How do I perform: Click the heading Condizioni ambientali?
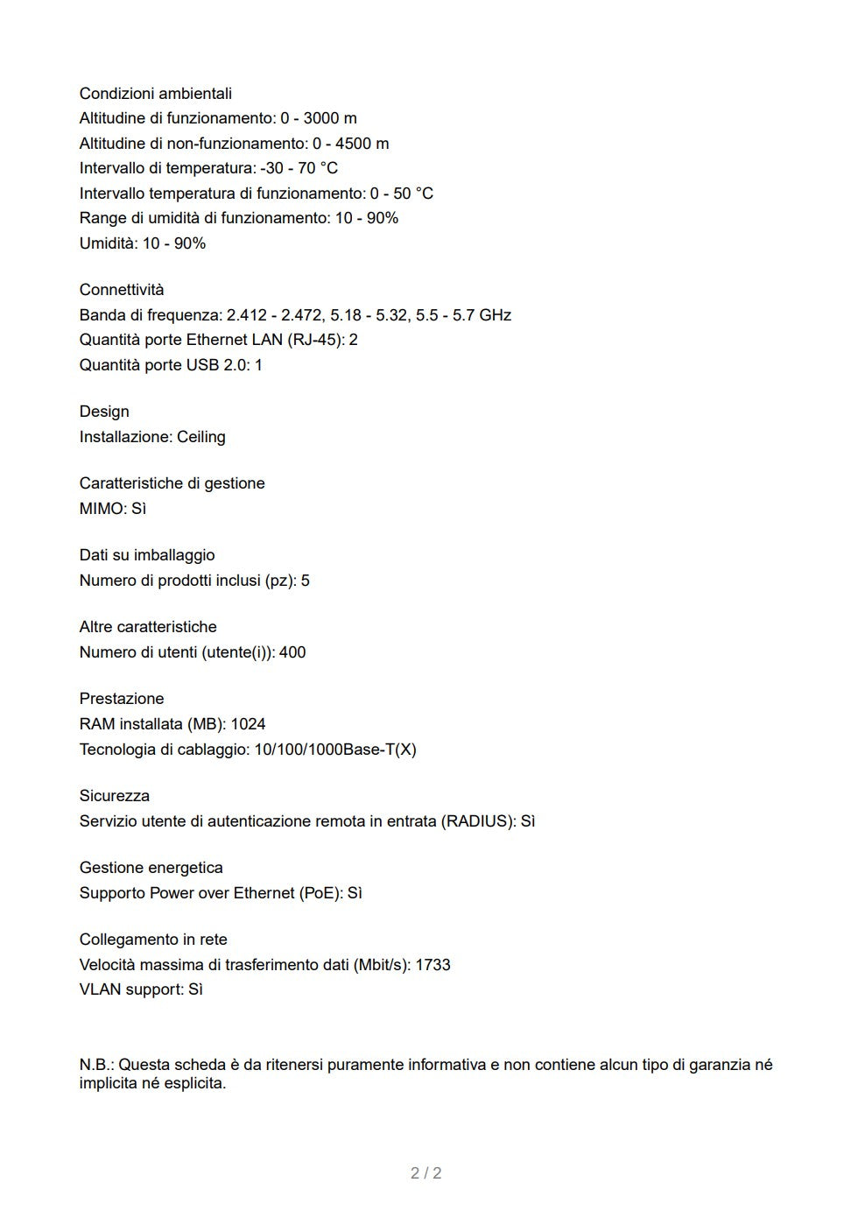(155, 94)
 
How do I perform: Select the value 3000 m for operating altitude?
(330, 118)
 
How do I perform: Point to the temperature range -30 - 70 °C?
(299, 168)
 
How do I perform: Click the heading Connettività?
(122, 290)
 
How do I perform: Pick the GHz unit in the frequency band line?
(495, 315)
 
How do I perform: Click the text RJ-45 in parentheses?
(314, 340)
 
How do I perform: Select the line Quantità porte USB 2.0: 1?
(171, 365)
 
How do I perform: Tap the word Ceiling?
(201, 437)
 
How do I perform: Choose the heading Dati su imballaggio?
(147, 555)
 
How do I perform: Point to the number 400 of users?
(292, 652)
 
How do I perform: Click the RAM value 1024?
(248, 724)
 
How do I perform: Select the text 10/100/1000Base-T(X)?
(335, 750)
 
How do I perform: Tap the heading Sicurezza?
(115, 796)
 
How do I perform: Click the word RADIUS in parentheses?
(478, 821)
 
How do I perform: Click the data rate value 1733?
(433, 965)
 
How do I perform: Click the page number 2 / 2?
(426, 1173)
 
